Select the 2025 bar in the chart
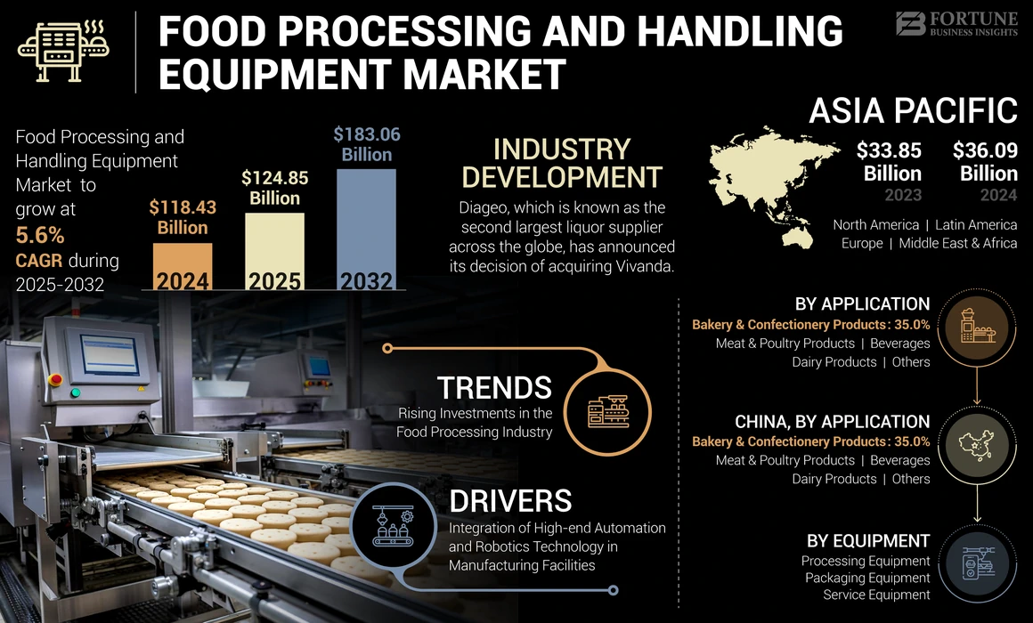click(x=274, y=251)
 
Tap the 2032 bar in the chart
click(x=366, y=229)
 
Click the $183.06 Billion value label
click(x=367, y=144)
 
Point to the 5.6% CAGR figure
click(x=40, y=236)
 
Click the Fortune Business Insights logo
click(x=956, y=23)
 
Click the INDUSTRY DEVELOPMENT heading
click(x=562, y=163)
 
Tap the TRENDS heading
click(x=494, y=388)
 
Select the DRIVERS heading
click(x=510, y=500)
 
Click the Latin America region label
click(x=975, y=225)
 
